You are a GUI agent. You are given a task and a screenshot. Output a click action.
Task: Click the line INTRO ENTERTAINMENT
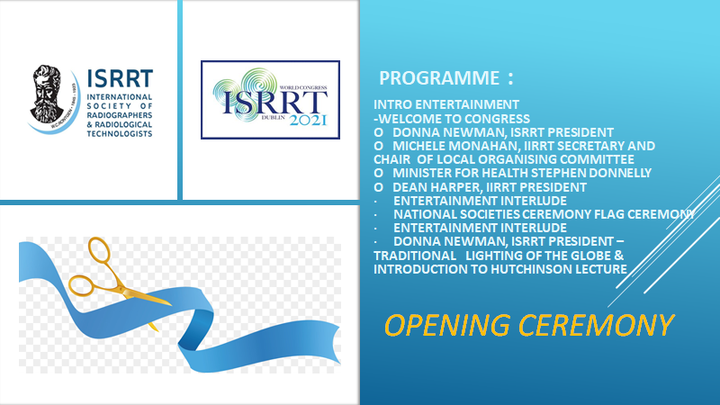pyautogui.click(x=446, y=104)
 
